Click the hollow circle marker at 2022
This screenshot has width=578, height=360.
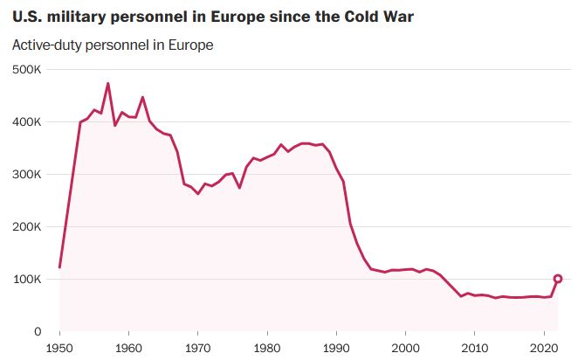pos(557,280)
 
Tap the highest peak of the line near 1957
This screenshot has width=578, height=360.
pos(107,84)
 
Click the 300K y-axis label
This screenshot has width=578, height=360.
pos(26,174)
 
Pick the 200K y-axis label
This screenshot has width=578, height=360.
pos(26,226)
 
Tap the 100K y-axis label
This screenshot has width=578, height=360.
pos(26,279)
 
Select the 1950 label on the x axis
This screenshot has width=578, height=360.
pos(59,347)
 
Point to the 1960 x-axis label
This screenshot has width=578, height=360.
pos(128,347)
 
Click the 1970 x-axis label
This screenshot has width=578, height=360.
pos(197,347)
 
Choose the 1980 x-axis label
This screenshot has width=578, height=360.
pos(267,347)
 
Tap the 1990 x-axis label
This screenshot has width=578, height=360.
pos(336,347)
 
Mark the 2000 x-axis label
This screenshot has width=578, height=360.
pos(405,347)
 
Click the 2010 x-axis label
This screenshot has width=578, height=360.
pos(474,347)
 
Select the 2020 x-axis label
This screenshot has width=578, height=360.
pos(543,347)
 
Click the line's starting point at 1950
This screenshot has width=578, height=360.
pos(59,267)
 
